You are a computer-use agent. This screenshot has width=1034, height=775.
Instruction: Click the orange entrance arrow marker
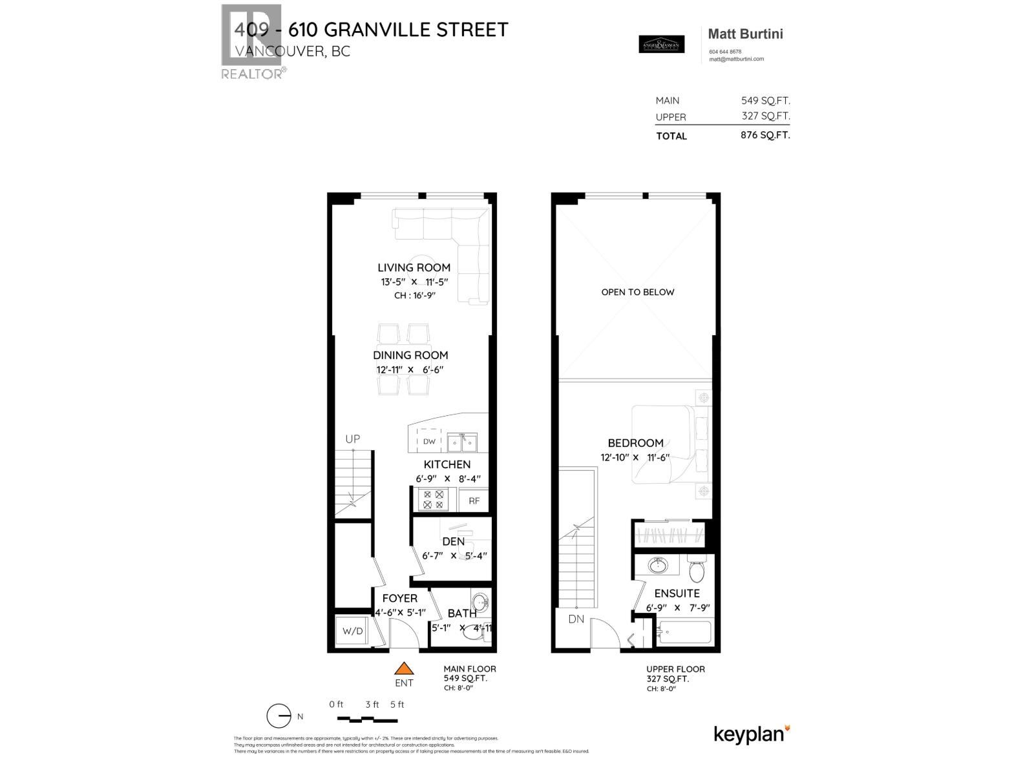[404, 669]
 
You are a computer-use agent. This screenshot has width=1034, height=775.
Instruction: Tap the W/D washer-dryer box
[352, 630]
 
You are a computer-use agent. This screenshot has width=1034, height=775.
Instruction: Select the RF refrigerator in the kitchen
[474, 500]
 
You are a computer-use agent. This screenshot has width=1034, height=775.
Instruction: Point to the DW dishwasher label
[429, 442]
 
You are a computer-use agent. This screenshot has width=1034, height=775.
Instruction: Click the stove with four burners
[433, 499]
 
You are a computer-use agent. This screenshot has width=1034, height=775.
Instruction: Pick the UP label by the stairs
[352, 439]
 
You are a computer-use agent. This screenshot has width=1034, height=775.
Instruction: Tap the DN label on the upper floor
[576, 619]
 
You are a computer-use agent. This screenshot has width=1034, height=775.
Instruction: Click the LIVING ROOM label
[414, 267]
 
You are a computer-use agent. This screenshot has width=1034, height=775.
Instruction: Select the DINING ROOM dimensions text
[410, 370]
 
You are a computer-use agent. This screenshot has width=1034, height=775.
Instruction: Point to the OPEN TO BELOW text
[637, 292]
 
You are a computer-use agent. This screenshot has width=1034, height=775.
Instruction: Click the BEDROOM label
[635, 443]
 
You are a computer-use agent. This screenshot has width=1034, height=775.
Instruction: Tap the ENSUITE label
[677, 593]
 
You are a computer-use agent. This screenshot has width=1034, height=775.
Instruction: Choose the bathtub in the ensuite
[684, 632]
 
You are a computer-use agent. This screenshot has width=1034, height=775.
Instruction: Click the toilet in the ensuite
[697, 571]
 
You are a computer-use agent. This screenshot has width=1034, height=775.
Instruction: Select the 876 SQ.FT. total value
[765, 136]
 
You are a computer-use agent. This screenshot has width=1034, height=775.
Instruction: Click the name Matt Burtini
[745, 34]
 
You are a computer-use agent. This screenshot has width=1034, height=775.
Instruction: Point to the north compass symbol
[279, 716]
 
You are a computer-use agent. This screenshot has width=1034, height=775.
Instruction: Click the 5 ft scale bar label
[397, 705]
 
